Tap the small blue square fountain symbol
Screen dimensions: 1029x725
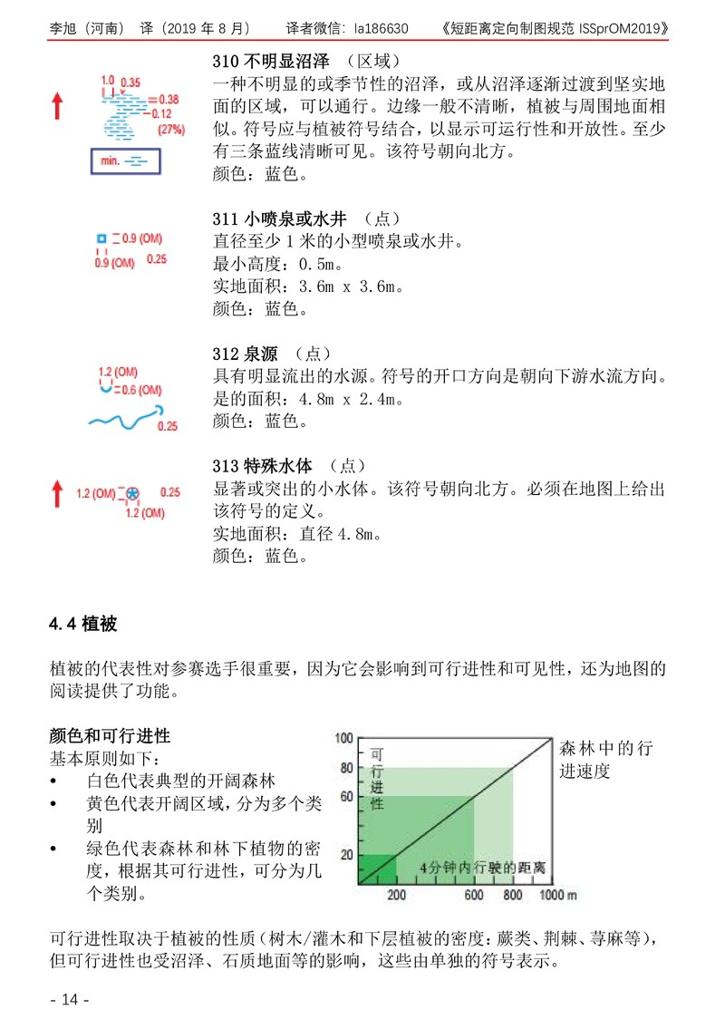(x=101, y=238)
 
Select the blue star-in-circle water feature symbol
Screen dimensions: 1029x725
(x=132, y=493)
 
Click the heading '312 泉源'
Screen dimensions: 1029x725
(x=245, y=354)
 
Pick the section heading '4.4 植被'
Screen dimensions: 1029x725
(x=83, y=625)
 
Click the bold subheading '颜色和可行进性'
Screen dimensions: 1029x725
(x=110, y=734)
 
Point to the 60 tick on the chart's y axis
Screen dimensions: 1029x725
(x=344, y=797)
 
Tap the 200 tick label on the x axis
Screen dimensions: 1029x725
(x=396, y=896)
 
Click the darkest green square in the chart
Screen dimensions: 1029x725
(x=379, y=869)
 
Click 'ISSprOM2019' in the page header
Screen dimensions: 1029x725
(x=623, y=28)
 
